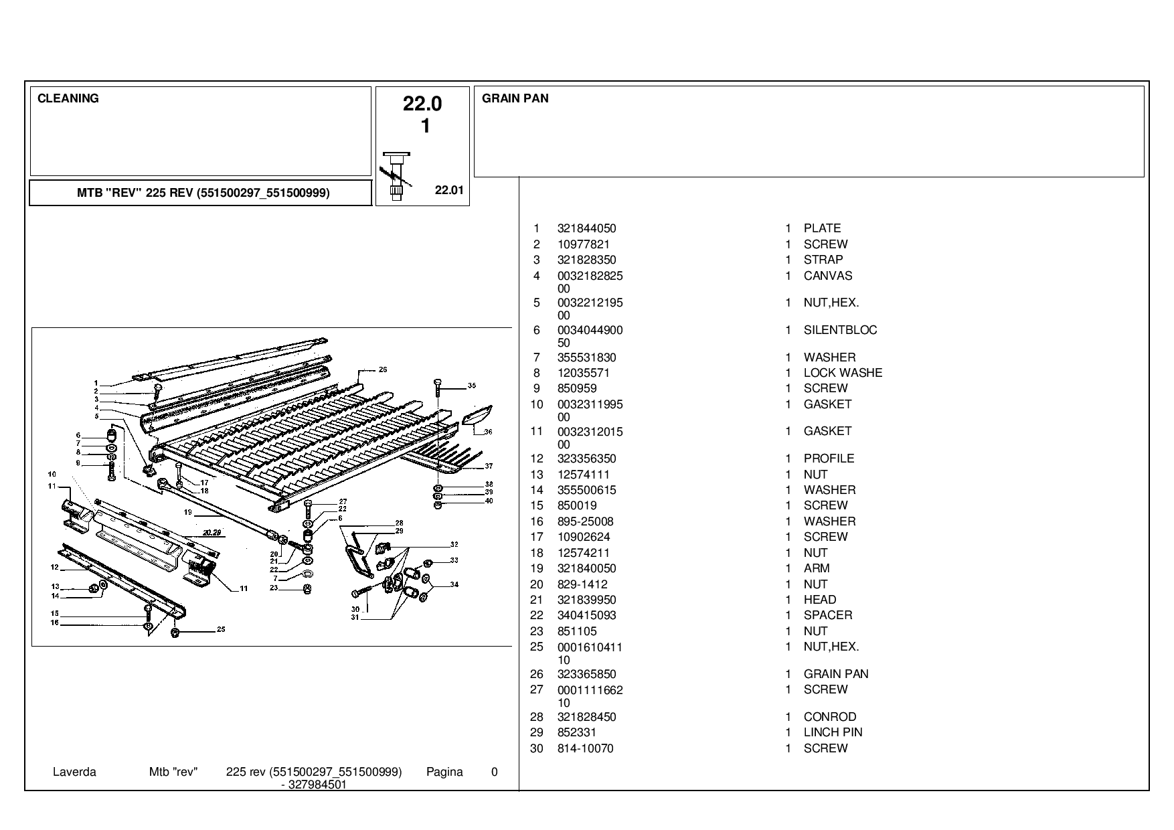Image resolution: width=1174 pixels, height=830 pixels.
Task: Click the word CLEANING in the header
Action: click(x=68, y=98)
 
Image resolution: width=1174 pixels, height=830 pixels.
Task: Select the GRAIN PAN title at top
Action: click(x=515, y=98)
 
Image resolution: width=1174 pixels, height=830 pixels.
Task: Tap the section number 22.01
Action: click(x=449, y=190)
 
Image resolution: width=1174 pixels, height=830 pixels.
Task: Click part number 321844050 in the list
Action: click(x=586, y=228)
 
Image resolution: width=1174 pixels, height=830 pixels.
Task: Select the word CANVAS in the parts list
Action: click(x=828, y=276)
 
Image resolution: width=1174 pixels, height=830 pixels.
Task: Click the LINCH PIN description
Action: click(x=833, y=732)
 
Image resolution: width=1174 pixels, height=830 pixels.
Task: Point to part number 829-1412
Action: click(x=582, y=584)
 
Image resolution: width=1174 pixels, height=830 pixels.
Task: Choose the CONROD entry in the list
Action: click(x=830, y=717)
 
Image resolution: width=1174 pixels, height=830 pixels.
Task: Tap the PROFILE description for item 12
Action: click(x=829, y=459)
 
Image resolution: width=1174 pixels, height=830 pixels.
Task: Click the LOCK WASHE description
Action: click(x=843, y=373)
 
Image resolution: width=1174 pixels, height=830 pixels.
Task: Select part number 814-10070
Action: click(x=585, y=748)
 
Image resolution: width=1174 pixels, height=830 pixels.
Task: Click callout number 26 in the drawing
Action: click(x=383, y=369)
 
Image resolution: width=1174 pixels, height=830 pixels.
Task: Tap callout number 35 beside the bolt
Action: click(x=472, y=386)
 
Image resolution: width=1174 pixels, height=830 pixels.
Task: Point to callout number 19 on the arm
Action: click(x=188, y=512)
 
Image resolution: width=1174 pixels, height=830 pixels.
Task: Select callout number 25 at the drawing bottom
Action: click(x=221, y=630)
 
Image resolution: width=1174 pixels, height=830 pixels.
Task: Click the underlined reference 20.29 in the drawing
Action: click(x=213, y=533)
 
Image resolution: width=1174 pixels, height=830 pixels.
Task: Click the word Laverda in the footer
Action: click(x=74, y=772)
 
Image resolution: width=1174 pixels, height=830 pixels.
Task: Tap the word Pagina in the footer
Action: click(x=444, y=772)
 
